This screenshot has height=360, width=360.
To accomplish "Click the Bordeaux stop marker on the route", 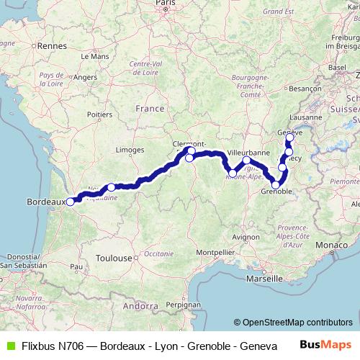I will pyautogui.click(x=70, y=202).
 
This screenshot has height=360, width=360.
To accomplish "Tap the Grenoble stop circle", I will pyautogui.click(x=276, y=185).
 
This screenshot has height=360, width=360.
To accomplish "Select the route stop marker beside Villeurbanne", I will pyautogui.click(x=247, y=161).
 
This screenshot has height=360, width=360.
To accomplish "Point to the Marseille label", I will pyautogui.click(x=264, y=278).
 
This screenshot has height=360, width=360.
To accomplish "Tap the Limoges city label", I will pyautogui.click(x=130, y=150).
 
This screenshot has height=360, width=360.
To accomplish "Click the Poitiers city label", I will pyautogui.click(x=99, y=114).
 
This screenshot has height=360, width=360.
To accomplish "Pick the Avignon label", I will pyautogui.click(x=246, y=236).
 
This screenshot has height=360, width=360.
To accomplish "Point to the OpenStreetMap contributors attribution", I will pyautogui.click(x=297, y=322).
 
